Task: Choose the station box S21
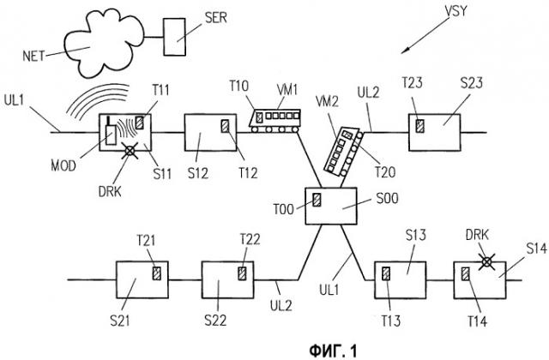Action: click(141, 279)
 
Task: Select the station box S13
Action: click(400, 279)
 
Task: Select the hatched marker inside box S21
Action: click(155, 273)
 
